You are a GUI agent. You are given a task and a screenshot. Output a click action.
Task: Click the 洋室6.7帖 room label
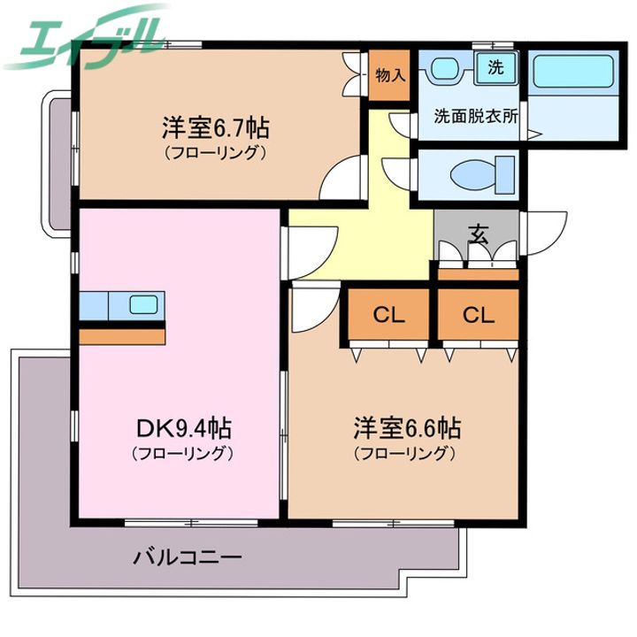[x=216, y=128]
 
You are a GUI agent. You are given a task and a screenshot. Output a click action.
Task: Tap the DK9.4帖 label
[x=184, y=428]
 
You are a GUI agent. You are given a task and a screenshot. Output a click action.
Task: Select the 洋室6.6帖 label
[x=407, y=428]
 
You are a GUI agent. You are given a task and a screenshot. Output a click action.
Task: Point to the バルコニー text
[x=188, y=556]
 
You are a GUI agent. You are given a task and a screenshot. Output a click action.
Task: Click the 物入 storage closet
[x=389, y=75]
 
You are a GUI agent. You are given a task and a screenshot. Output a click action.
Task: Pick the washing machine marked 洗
[x=496, y=67]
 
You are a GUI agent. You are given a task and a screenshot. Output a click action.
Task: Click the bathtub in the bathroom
[x=572, y=72]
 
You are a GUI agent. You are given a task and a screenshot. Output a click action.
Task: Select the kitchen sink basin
[x=143, y=304]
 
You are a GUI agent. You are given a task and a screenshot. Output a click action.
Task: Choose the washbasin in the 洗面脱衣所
[x=444, y=68]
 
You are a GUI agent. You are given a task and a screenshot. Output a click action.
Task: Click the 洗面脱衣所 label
[x=476, y=117]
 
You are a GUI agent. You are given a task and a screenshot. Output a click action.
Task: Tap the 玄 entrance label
[x=479, y=234]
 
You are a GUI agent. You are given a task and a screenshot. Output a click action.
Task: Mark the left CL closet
[x=388, y=314]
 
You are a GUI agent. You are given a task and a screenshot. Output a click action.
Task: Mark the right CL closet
[x=479, y=314]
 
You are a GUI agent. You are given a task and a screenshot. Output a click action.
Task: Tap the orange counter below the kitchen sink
[x=122, y=337]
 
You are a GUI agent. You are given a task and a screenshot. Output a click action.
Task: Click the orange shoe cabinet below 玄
[x=479, y=274]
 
